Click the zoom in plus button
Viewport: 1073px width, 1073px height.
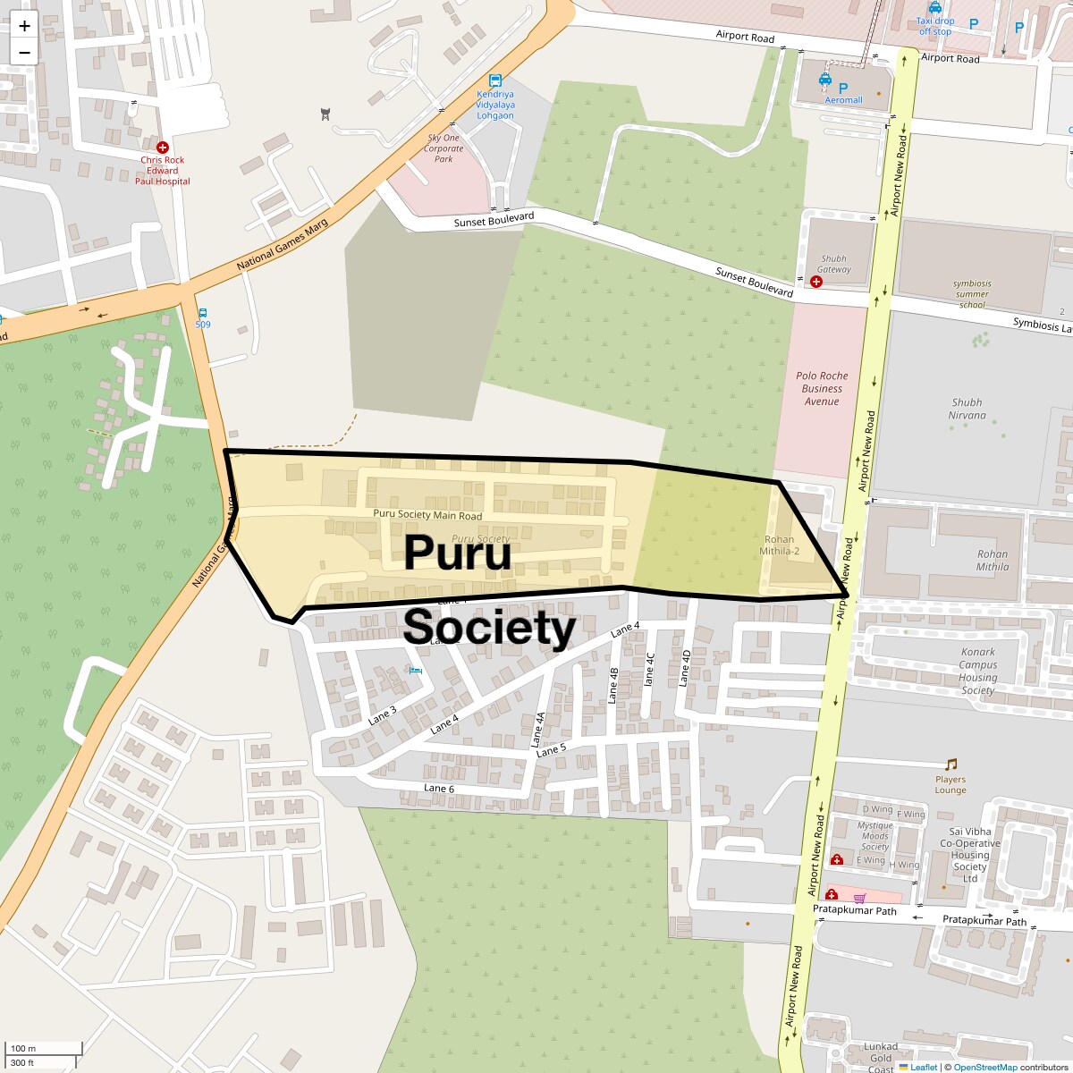tap(24, 26)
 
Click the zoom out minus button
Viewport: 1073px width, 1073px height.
tap(24, 52)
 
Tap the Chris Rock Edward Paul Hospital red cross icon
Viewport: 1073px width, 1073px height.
tap(162, 147)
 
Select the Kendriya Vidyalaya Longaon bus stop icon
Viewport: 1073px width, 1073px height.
tap(494, 80)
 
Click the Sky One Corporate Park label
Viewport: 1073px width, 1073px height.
tap(444, 148)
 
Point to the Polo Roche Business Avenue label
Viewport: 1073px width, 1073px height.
tap(822, 389)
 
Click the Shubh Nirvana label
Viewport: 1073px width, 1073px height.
tap(967, 409)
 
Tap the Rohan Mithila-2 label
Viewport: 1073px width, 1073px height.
tap(779, 545)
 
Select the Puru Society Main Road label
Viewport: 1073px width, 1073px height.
tap(427, 515)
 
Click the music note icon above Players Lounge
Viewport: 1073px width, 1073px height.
tap(950, 765)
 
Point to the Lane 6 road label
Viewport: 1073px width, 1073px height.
tap(439, 789)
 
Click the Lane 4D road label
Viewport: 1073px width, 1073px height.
tap(685, 668)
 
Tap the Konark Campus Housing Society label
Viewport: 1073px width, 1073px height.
tap(977, 672)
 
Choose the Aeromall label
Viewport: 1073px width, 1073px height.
tap(843, 100)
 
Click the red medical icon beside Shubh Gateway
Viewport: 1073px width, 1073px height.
tap(815, 282)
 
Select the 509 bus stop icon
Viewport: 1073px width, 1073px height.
tap(203, 313)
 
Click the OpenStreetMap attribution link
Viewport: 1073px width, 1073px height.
tap(984, 1067)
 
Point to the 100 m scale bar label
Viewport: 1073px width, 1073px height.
tap(23, 1048)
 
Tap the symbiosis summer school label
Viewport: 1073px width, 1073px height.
tap(972, 294)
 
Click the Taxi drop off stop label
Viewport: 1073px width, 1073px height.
tap(935, 26)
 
